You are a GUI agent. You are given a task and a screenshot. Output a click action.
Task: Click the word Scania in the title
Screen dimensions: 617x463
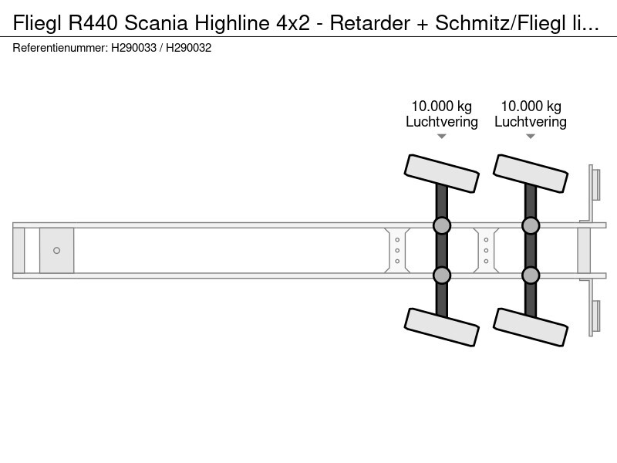point(157,23)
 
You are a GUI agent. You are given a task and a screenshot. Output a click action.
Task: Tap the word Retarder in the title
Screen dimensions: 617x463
point(370,23)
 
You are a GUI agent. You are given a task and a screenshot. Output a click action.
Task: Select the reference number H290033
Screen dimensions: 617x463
point(133,48)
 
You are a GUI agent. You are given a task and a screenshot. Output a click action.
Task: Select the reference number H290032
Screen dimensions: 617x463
point(188,48)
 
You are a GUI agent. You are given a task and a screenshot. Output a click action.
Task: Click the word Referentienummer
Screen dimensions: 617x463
point(60,48)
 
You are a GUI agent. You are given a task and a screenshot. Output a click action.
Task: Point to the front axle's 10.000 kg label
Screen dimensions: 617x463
point(441,106)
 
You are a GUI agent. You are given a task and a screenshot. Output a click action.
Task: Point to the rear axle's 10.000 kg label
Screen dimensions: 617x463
point(531,106)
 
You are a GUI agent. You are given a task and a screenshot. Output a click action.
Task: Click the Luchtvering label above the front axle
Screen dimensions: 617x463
point(442,122)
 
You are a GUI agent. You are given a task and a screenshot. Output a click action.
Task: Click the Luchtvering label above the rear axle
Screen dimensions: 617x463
point(531,122)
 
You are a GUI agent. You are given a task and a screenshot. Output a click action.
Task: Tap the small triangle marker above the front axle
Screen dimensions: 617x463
point(441,137)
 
